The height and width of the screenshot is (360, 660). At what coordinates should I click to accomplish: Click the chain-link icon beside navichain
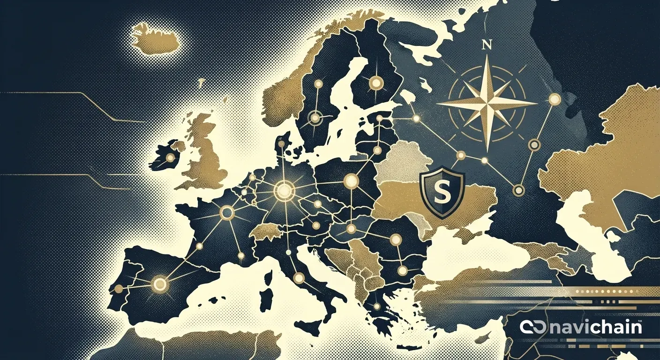[x=531, y=327]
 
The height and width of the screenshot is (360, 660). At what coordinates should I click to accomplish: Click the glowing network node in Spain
[x=160, y=284]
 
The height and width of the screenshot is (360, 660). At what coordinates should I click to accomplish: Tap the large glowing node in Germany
[x=283, y=191]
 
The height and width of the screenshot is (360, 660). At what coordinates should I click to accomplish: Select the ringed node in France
[x=227, y=213]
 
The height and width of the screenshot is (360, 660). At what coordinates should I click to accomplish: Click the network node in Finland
[x=376, y=83]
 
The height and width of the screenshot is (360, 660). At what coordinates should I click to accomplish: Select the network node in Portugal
[x=119, y=287]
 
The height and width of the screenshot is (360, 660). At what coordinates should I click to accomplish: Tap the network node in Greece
[x=376, y=306]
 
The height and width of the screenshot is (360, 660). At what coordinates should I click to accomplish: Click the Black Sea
[x=473, y=255]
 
